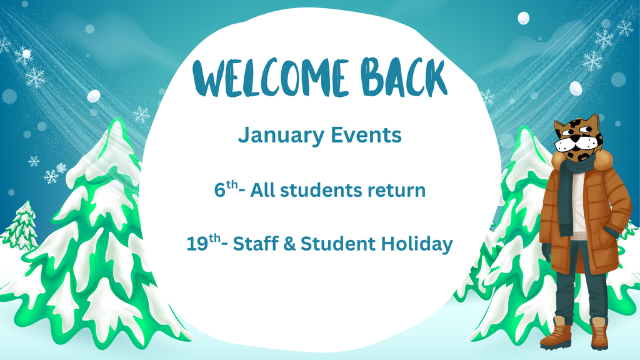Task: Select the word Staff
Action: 256,244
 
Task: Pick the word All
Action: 263,190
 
